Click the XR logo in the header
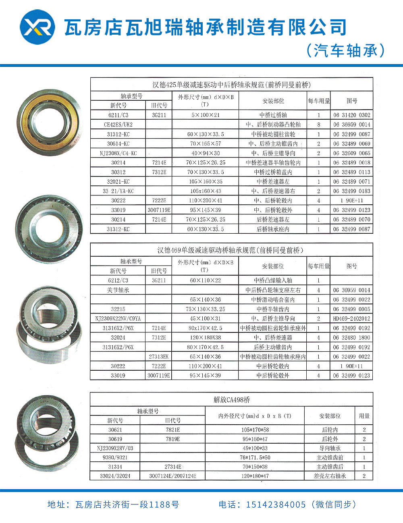coord(37,27)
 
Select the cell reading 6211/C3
coord(118,115)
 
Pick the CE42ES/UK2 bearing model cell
coord(118,125)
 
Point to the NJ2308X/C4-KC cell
coord(118,153)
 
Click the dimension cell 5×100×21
coord(206,115)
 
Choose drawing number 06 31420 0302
coord(351,115)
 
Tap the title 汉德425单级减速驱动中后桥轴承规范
coord(232,85)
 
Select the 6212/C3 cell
coord(118,280)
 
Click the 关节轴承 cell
coord(118,290)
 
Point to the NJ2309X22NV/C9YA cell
coord(118,318)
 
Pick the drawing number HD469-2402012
coord(351,318)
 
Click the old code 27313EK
coord(159,357)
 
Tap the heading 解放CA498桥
coord(232,400)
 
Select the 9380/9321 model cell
coord(115,457)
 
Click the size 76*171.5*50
coord(255,457)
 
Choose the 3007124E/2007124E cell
coord(172,476)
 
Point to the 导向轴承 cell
coord(330,448)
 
